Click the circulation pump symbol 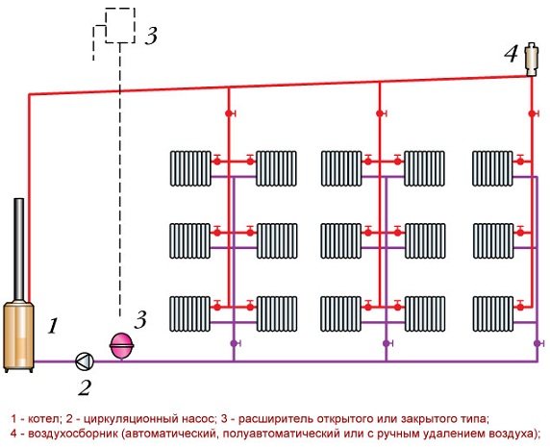pos(85,361)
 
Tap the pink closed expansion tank pos(122,346)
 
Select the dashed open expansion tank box pos(120,25)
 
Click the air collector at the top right pos(532,60)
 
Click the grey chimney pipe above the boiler pos(19,249)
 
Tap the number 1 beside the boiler pos(53,326)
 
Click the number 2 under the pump pos(85,387)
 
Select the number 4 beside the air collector pos(512,55)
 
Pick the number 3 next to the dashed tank pos(151,36)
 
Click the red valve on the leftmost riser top pos(230,113)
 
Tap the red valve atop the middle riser pos(381,113)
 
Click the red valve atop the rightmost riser pos(533,113)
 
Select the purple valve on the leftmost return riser pos(235,343)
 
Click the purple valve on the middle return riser pos(387,343)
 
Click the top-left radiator pos(190,168)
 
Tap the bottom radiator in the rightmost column pos(493,313)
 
